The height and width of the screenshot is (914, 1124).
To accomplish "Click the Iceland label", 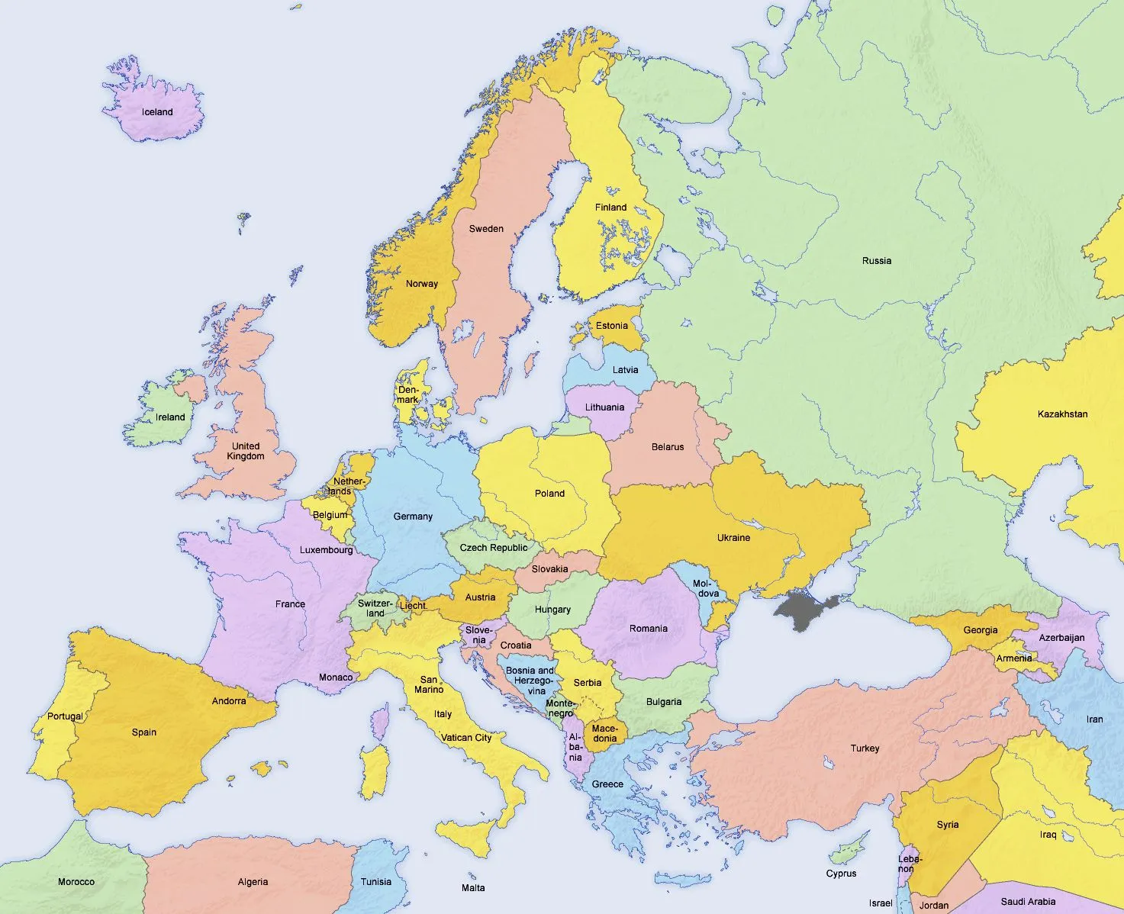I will tap(157, 112).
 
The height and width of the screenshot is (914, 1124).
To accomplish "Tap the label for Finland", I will tap(610, 208).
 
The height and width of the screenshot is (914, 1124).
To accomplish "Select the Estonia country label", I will tap(612, 326).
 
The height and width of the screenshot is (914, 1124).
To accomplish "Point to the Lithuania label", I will tap(604, 407).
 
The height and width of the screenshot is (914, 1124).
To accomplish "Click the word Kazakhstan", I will tap(1062, 414).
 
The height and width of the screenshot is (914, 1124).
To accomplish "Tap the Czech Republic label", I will tap(493, 548).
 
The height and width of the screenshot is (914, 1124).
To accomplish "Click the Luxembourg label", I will tap(326, 550).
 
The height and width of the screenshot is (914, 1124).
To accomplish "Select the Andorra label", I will tap(229, 701).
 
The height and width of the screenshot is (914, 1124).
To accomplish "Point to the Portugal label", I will tap(65, 716).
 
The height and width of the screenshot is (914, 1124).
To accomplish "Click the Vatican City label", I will tap(466, 738).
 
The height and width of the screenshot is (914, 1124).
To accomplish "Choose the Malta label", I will tap(473, 887).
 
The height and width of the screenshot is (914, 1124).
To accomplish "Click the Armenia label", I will tap(1014, 658).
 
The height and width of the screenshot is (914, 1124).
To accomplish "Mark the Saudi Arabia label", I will tap(1028, 902).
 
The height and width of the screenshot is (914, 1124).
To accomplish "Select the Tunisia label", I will tap(375, 882).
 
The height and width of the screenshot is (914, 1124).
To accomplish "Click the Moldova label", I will tap(706, 589).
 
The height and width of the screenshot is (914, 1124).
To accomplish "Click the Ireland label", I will tap(170, 417).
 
